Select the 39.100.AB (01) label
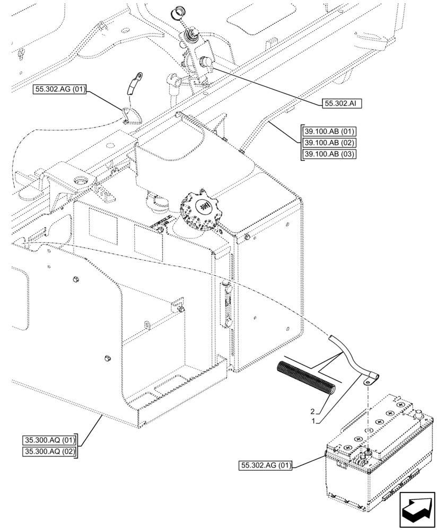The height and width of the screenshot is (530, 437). [329, 131]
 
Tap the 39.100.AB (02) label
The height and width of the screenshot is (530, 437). [329, 143]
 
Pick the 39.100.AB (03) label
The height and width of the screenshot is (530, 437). [329, 154]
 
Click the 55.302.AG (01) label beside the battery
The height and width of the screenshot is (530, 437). [266, 466]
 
